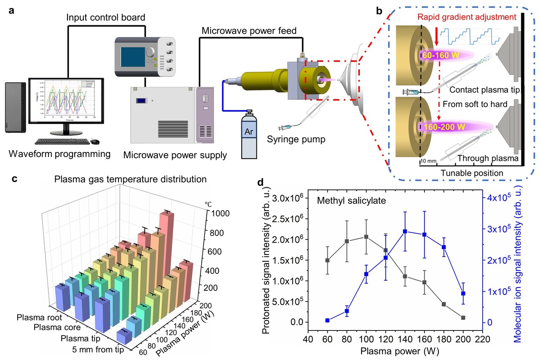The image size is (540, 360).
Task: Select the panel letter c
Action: [15, 178]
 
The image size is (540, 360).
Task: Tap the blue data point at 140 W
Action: [405, 231]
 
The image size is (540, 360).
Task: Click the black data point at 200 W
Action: [463, 317]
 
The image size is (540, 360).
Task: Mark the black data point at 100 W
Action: [366, 237]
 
